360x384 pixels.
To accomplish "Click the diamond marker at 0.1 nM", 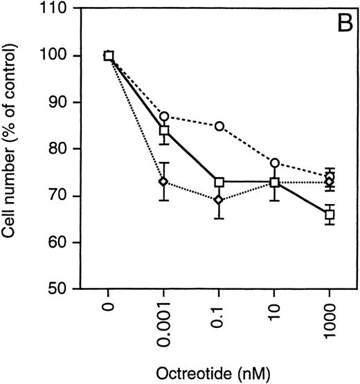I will pyautogui.click(x=219, y=201).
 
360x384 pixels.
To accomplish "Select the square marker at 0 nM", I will pyautogui.click(x=109, y=56).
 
